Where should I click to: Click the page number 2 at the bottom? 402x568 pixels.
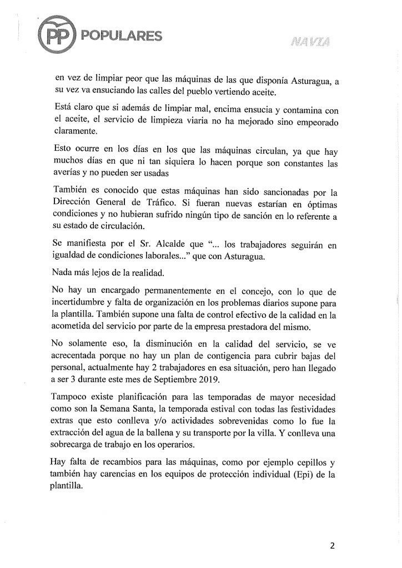tap(332, 545)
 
